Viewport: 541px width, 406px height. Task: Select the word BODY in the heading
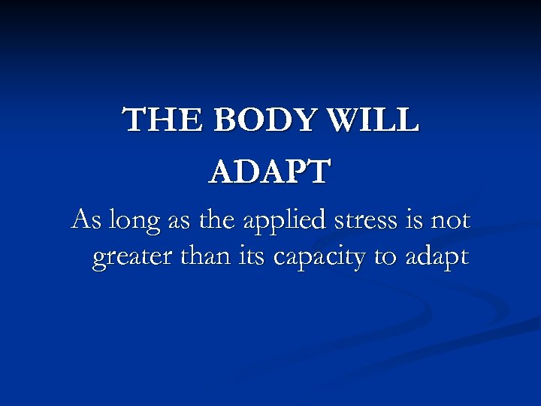[x=252, y=120]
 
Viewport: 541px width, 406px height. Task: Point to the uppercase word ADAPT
[x=269, y=171]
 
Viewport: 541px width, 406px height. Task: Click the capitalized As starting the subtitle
[x=84, y=221]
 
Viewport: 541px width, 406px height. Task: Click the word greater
[x=129, y=259]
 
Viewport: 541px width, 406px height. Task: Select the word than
[x=199, y=257]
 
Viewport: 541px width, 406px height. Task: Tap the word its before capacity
[x=249, y=257]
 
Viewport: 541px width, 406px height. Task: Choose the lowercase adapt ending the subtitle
[x=437, y=259]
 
